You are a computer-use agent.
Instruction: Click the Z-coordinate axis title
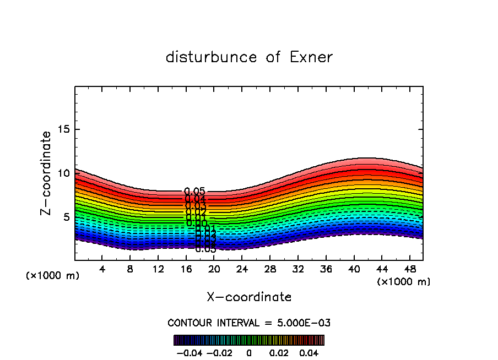pyautogui.click(x=47, y=173)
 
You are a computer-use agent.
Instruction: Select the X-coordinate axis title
pyautogui.click(x=249, y=297)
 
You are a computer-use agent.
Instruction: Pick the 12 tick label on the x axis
pyautogui.click(x=158, y=269)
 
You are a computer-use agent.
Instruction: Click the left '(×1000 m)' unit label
pyautogui.click(x=53, y=276)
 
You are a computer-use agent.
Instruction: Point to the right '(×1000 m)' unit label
pyautogui.click(x=403, y=282)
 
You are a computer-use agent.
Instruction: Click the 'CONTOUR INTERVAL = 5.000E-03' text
pyautogui.click(x=249, y=323)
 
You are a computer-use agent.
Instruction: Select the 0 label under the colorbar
pyautogui.click(x=249, y=352)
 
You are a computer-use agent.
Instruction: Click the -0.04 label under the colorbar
pyautogui.click(x=189, y=352)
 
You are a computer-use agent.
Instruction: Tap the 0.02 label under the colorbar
pyautogui.click(x=279, y=352)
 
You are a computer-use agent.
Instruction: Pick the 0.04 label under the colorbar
pyautogui.click(x=309, y=352)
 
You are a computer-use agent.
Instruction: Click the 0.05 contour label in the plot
pyautogui.click(x=195, y=192)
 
